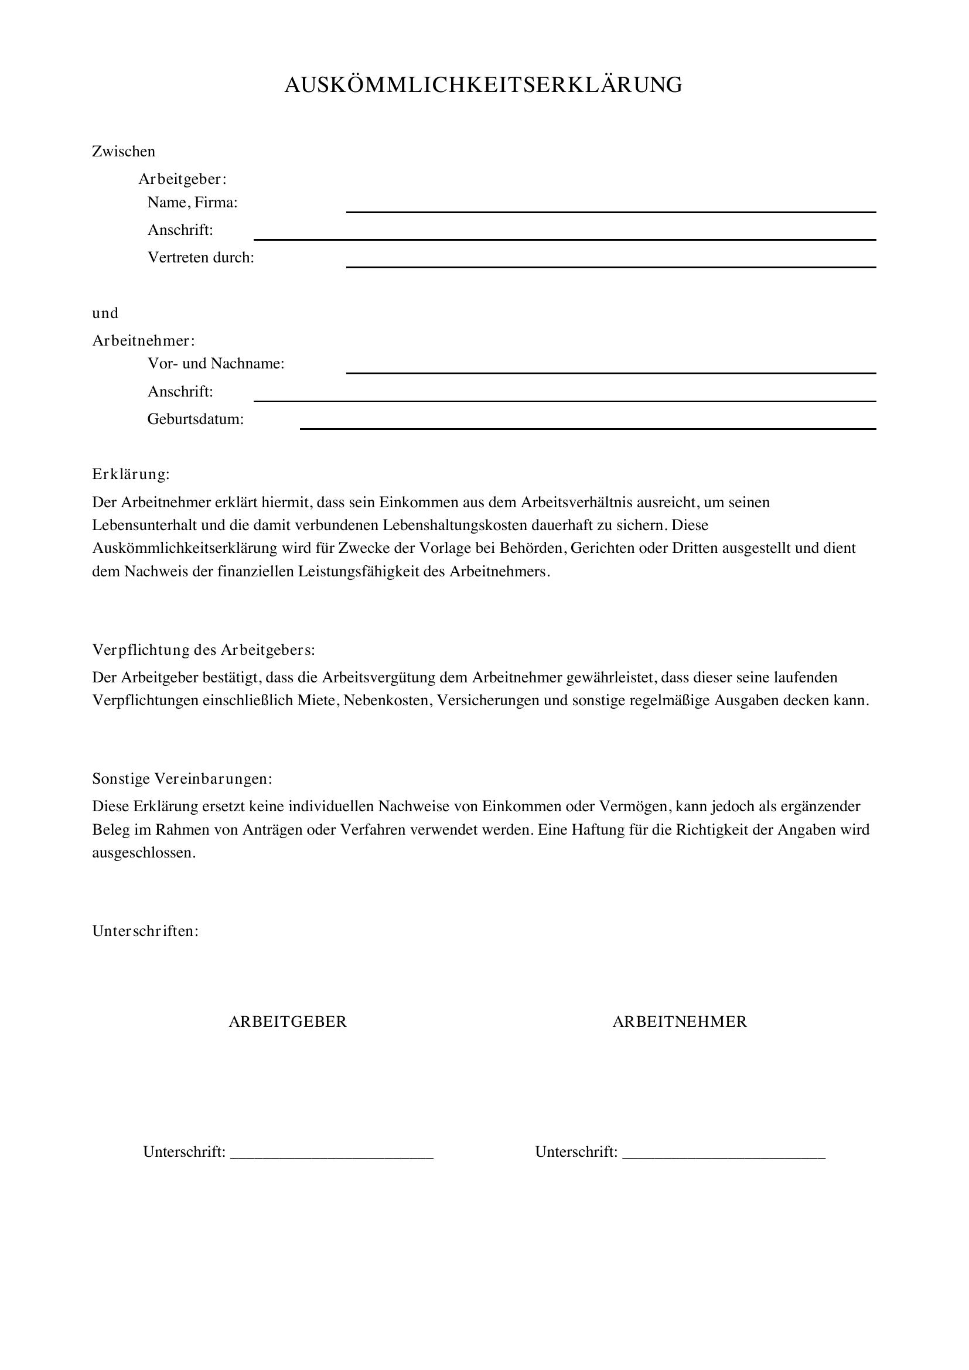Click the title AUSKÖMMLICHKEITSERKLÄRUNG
pos(483,86)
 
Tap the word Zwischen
pos(124,152)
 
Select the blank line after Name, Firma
pos(610,211)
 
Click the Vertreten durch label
pos(200,258)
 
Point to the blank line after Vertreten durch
pos(610,266)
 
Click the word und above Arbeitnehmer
pos(105,313)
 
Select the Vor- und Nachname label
pos(216,363)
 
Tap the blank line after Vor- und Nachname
pos(610,373)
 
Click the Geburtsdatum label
pos(195,419)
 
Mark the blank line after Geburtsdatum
pos(588,428)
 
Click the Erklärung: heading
pos(131,474)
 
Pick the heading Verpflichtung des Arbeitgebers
pos(203,650)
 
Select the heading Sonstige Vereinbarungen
pos(182,778)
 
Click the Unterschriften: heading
pos(145,931)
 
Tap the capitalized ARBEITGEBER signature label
pos(288,1021)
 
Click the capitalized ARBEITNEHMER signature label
pos(680,1021)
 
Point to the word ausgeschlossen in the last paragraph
pos(143,853)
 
